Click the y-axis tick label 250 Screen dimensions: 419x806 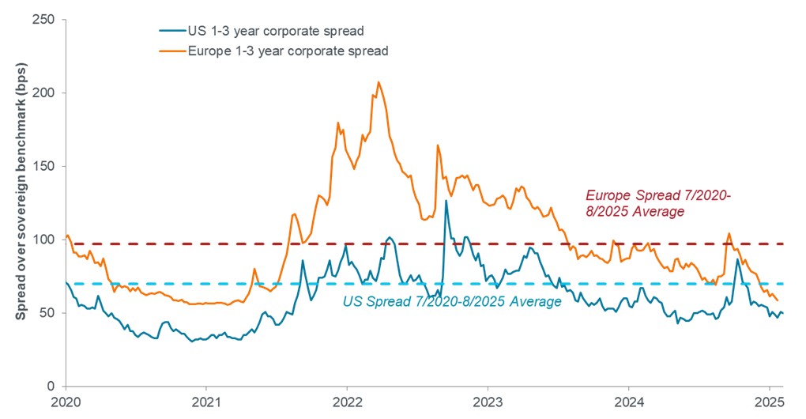click(49, 20)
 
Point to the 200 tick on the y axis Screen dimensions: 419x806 click(49, 93)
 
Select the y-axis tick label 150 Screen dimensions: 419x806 click(49, 167)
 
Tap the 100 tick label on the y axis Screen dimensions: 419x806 click(49, 240)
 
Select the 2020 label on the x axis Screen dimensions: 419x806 click(66, 402)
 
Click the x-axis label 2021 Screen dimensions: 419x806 click(206, 402)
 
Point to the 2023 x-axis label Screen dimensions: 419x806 click(488, 402)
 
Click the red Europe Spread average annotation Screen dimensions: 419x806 click(643, 204)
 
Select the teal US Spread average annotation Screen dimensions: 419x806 click(451, 301)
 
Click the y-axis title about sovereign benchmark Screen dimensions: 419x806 click(21, 202)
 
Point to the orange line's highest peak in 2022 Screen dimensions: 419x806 click(379, 82)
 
